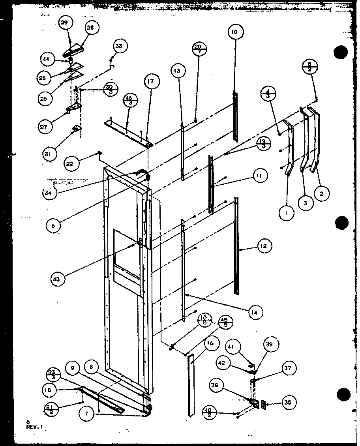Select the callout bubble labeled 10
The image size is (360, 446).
[235, 32]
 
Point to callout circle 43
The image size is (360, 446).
[57, 279]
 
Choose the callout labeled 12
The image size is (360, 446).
[263, 246]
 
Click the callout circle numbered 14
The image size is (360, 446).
[255, 312]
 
